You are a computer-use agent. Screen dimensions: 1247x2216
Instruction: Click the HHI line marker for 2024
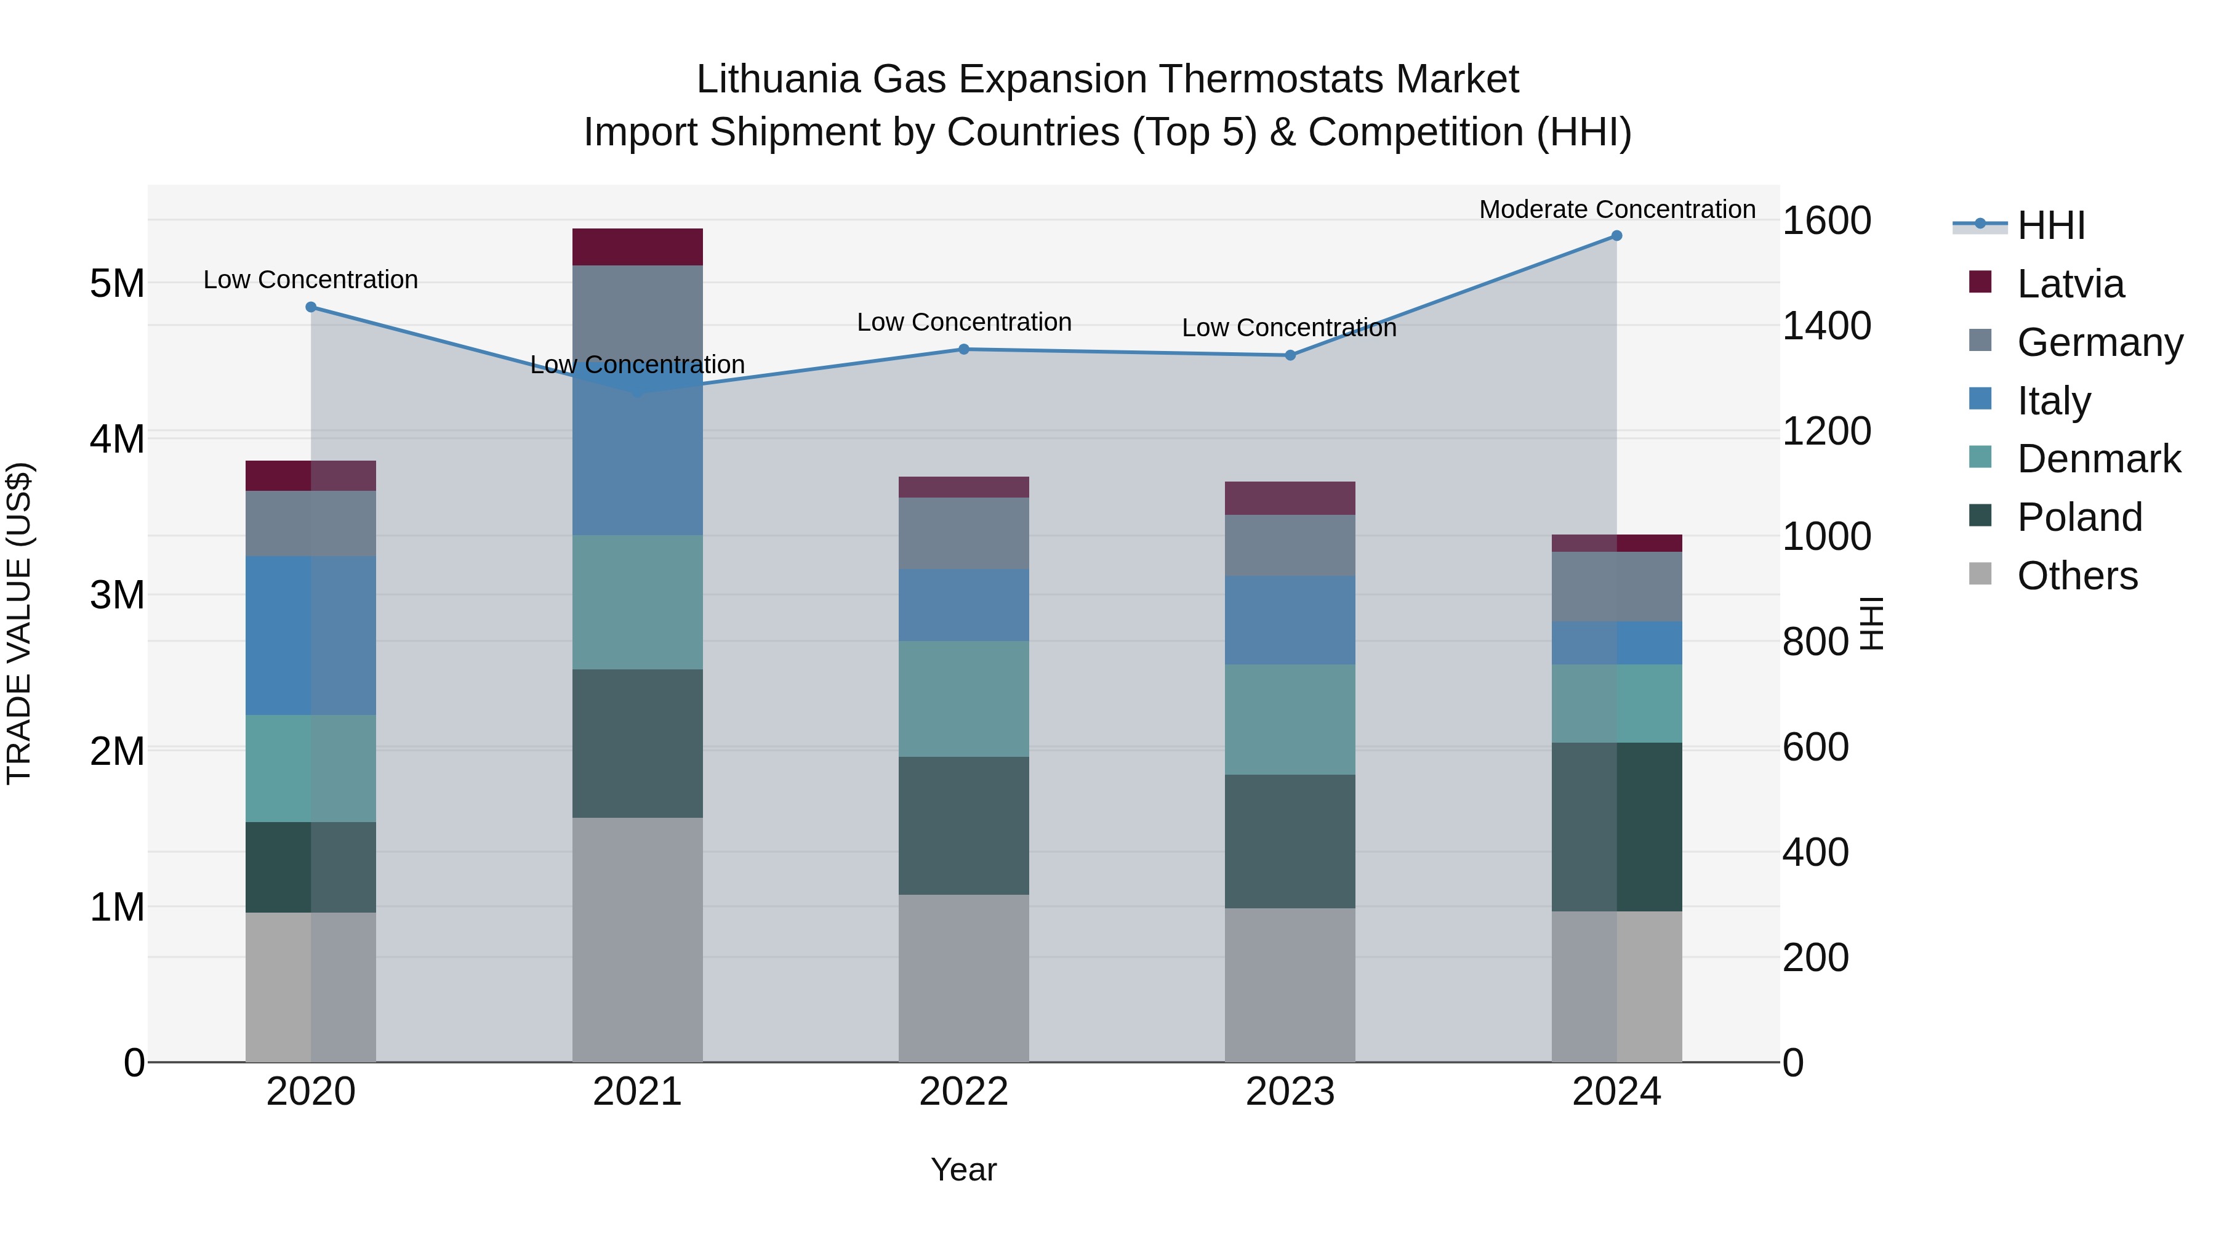(x=1616, y=236)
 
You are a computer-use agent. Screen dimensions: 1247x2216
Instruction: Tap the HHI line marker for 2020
(x=311, y=307)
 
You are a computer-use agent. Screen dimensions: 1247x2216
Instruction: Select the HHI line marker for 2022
(x=963, y=349)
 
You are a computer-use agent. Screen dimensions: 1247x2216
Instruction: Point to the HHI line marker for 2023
(x=1290, y=355)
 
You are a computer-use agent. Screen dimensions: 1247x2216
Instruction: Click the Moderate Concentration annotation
(x=1616, y=209)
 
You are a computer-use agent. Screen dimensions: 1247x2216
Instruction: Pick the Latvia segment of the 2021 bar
(x=638, y=247)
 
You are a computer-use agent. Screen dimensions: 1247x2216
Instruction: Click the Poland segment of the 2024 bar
(x=1616, y=826)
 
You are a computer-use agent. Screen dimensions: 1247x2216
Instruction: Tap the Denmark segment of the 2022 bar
(x=963, y=699)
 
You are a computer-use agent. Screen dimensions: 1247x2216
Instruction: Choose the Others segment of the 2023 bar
(x=1290, y=985)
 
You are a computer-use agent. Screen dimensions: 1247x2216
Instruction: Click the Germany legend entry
(x=2100, y=342)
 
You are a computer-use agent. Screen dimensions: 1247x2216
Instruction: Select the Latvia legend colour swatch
(x=1980, y=282)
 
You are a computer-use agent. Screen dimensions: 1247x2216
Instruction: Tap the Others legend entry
(x=2077, y=576)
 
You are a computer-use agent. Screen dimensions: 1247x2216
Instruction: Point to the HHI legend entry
(x=2051, y=225)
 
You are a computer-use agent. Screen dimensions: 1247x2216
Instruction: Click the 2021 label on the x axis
(x=638, y=1092)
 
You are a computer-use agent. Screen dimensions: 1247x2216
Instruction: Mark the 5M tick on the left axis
(x=117, y=283)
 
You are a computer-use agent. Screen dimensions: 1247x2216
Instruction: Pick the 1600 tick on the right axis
(x=1826, y=221)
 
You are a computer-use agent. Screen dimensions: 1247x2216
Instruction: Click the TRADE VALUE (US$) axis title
(x=19, y=623)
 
